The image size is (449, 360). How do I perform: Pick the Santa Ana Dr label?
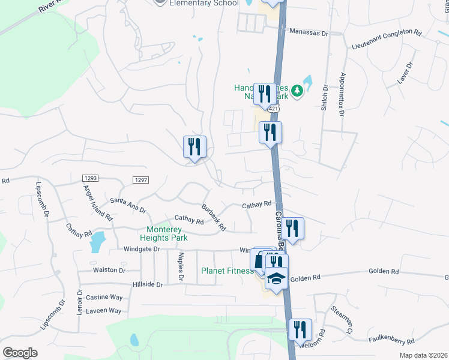128,205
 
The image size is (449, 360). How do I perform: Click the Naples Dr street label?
180,267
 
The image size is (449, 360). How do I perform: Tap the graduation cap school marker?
276,278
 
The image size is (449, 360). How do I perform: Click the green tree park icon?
297,92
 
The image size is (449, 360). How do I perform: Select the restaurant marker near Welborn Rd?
300,330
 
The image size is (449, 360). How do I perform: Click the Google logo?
20,353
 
